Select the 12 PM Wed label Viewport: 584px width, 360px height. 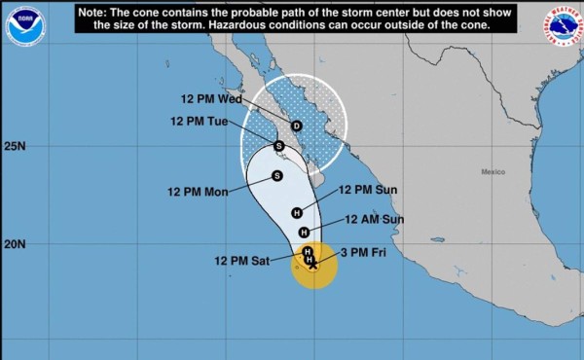pos(211,99)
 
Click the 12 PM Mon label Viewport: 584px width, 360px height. pos(199,192)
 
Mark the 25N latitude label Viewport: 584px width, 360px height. pos(14,147)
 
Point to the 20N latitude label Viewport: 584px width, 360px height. pos(14,244)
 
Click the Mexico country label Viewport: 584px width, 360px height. pos(493,171)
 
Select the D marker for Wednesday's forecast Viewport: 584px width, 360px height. pos(297,126)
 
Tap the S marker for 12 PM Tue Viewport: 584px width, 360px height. pos(278,146)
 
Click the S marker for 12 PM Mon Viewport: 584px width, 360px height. pos(276,176)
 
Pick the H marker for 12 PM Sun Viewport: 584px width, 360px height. pos(297,213)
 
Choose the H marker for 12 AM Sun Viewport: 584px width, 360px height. pos(304,232)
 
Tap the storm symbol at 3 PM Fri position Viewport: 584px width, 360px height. pos(312,261)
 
